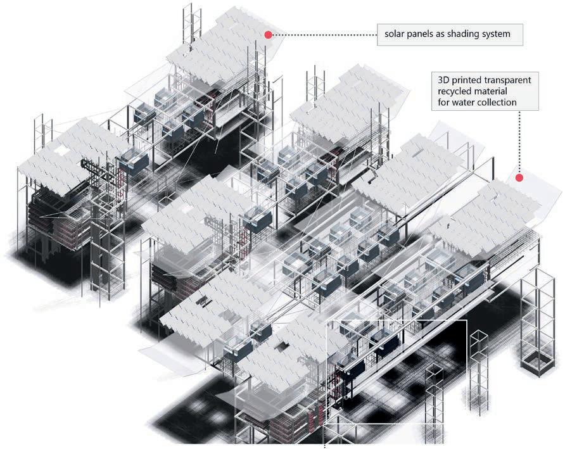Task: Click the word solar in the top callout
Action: pyautogui.click(x=394, y=34)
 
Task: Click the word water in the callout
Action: pyautogui.click(x=467, y=103)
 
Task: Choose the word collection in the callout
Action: pyautogui.click(x=503, y=103)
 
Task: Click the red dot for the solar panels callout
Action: pyautogui.click(x=268, y=35)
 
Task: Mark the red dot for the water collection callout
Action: pyautogui.click(x=519, y=178)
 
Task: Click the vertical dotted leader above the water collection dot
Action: pyautogui.click(x=519, y=146)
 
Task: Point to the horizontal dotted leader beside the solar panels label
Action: pyautogui.click(x=323, y=35)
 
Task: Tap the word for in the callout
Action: pyautogui.click(x=445, y=103)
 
